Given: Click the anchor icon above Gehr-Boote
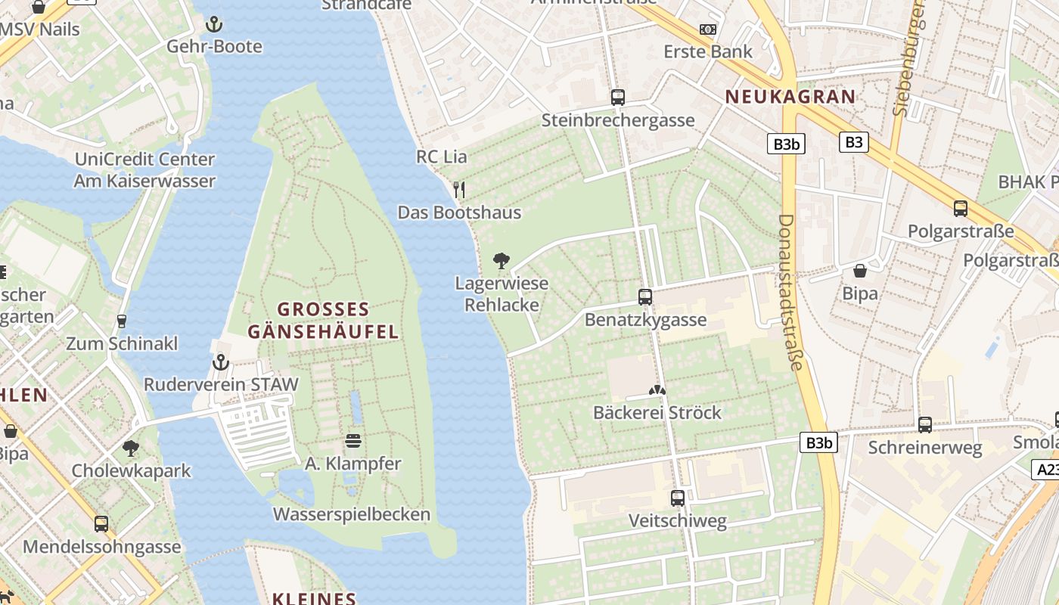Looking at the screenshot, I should click(x=214, y=23).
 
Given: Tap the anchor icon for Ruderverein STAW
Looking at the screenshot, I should click(x=220, y=362).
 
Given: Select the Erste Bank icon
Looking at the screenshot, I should click(x=708, y=29).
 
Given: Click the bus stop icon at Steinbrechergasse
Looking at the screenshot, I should click(x=618, y=98).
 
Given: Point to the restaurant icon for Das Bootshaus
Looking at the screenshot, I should click(x=459, y=190).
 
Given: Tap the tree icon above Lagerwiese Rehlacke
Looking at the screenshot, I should click(x=501, y=262).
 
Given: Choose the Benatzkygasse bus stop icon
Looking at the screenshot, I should click(x=645, y=297).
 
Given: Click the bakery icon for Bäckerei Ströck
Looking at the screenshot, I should click(x=657, y=391).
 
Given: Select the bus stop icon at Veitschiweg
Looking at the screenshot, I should click(x=678, y=498).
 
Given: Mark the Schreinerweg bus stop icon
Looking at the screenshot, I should click(x=925, y=425).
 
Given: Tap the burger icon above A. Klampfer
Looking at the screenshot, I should click(x=353, y=441).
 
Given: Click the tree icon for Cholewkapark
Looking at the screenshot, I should click(x=131, y=448).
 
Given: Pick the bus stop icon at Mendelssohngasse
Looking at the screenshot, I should click(x=101, y=524).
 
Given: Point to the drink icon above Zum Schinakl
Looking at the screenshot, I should click(x=121, y=321).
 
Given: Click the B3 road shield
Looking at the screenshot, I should click(x=853, y=141).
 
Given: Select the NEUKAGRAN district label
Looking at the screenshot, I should click(x=790, y=97).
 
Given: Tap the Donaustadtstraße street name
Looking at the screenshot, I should click(x=789, y=292).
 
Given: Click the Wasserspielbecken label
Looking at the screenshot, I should click(x=351, y=515).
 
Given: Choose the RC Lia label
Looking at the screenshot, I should click(x=442, y=157).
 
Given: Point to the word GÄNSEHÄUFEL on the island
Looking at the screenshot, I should click(x=323, y=331).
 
